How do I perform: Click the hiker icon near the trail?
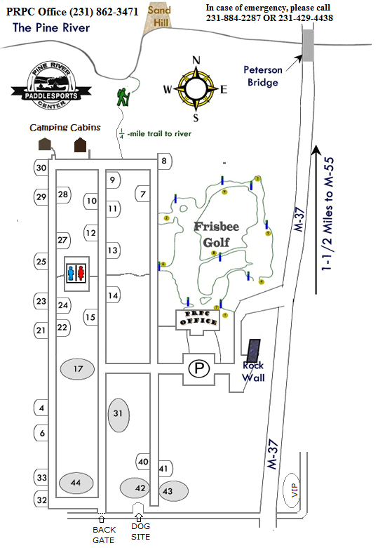click(124, 97)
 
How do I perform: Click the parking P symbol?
click(201, 367)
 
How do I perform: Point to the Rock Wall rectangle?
click(252, 349)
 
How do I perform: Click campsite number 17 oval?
click(79, 368)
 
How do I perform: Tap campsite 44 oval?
click(76, 483)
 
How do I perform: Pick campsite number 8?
click(164, 163)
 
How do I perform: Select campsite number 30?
click(41, 168)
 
